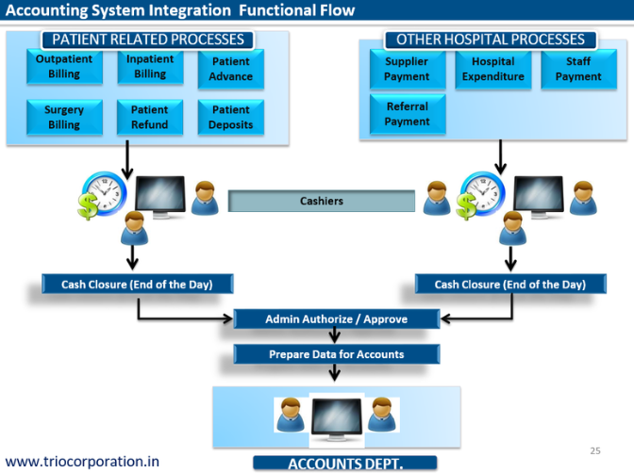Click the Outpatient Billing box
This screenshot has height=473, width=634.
63,66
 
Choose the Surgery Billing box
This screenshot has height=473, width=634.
63,117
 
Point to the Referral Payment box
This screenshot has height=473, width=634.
407,114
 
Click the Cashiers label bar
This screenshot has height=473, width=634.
322,201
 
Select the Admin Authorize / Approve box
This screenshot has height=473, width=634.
336,318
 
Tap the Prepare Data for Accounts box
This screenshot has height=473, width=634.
336,354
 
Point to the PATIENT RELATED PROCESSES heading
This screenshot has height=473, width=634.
147,40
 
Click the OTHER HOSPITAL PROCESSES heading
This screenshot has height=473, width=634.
491,40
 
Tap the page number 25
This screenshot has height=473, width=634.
594,450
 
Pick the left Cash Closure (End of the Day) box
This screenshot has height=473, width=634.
137,284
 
